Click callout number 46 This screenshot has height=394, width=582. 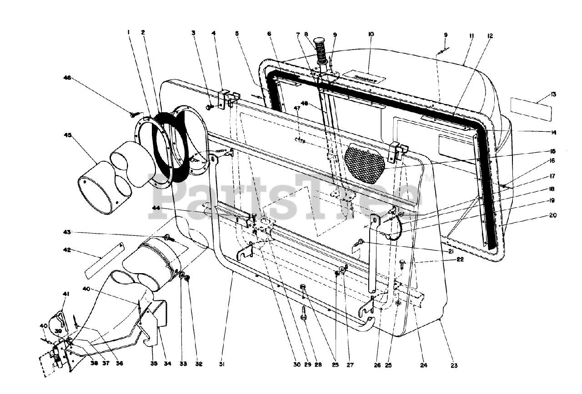tap(66, 78)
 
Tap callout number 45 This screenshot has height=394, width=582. tap(67, 135)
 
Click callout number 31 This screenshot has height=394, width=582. tap(222, 364)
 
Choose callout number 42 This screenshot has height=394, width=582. tap(67, 249)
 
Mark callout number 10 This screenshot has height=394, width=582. tap(371, 35)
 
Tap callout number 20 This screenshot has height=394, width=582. tap(552, 215)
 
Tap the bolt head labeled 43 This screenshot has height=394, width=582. tap(167, 238)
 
